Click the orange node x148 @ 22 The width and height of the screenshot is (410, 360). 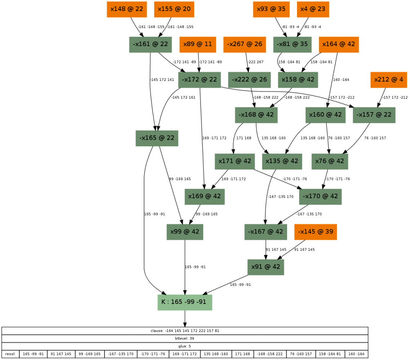(127, 9)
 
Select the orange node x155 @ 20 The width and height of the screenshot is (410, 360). (174, 9)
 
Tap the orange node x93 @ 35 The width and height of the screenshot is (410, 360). (271, 9)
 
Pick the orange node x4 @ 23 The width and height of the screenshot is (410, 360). (313, 9)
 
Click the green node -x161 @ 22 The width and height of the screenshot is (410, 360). (150, 44)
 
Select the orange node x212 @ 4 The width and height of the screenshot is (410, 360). (388, 80)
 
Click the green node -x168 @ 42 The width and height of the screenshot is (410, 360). (256, 115)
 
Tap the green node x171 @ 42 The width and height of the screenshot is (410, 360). (235, 161)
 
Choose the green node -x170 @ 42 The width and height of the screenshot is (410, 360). (320, 197)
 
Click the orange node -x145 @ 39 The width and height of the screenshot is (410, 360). (316, 232)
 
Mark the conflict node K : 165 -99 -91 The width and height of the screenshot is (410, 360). (185, 302)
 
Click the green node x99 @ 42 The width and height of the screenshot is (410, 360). (185, 232)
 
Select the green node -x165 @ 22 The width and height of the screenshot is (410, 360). (157, 138)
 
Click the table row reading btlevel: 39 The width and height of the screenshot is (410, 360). (185, 338)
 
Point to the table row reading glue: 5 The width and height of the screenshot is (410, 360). (185, 346)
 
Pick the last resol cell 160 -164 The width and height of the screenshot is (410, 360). (356, 354)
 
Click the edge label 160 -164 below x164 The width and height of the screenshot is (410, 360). (341, 80)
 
